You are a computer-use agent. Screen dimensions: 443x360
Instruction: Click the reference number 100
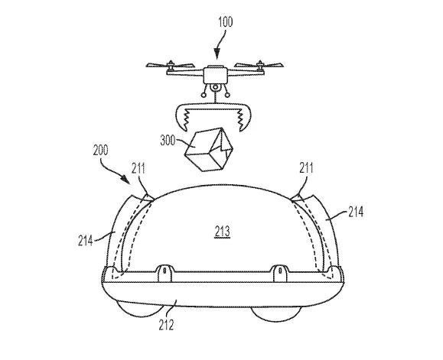click(225, 22)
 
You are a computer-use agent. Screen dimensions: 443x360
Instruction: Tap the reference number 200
click(100, 150)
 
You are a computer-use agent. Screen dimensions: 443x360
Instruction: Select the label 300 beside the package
click(168, 140)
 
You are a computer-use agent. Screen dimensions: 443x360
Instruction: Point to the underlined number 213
click(223, 232)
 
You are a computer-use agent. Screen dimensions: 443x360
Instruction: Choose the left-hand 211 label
click(138, 168)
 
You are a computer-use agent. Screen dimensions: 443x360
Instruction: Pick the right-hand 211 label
click(306, 168)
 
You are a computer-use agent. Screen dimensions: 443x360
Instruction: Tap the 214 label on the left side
click(86, 241)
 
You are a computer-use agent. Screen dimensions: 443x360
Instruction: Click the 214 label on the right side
click(356, 212)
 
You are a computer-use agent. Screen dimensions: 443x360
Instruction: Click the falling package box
click(208, 149)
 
